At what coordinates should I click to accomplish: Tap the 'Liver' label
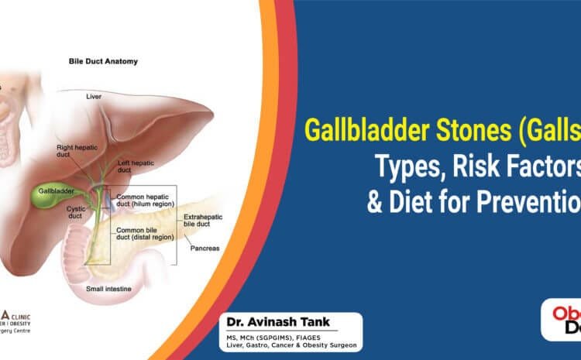coord(93,96)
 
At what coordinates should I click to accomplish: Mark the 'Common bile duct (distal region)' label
coord(143,235)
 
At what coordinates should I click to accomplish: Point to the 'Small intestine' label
coord(108,290)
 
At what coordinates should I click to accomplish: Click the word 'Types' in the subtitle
coord(418,163)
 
